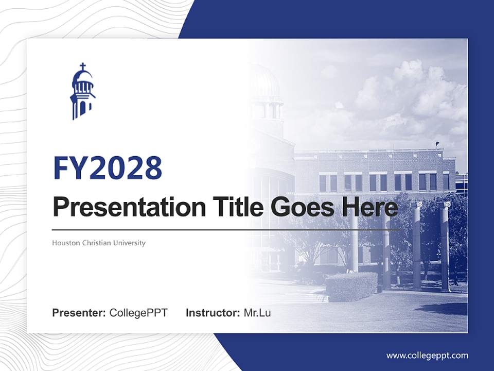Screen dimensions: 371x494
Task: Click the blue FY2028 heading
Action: [x=108, y=168]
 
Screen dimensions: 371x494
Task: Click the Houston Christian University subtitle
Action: [x=99, y=243]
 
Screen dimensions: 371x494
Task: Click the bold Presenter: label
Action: [x=79, y=313]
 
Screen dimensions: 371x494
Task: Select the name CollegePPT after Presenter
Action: [x=138, y=313]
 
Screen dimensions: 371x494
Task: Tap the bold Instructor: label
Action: [x=213, y=313]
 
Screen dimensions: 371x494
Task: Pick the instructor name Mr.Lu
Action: [x=257, y=313]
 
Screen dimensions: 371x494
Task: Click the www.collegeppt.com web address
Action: [x=427, y=356]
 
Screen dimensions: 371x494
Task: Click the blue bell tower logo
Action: [x=82, y=93]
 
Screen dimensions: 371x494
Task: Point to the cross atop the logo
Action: [x=82, y=66]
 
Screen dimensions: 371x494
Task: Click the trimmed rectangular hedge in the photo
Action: [x=351, y=286]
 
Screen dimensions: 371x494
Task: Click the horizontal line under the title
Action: [x=226, y=229]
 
